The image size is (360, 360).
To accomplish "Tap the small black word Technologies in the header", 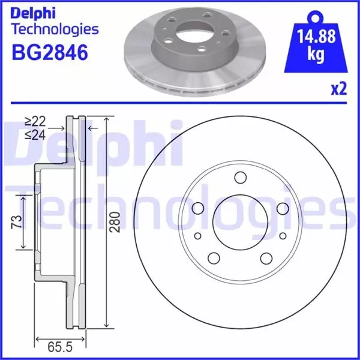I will pos(55,29).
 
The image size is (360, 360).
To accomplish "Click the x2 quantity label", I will pos(339,90).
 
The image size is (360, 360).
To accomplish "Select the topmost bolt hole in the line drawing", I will pos(241,178).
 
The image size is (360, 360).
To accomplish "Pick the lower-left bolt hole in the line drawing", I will pos(214,259).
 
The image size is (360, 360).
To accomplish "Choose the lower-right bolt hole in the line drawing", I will pos(267,259).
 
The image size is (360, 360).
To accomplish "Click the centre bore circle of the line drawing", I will pos(240,223).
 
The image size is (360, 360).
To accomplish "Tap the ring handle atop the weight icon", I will pos(313,14).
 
